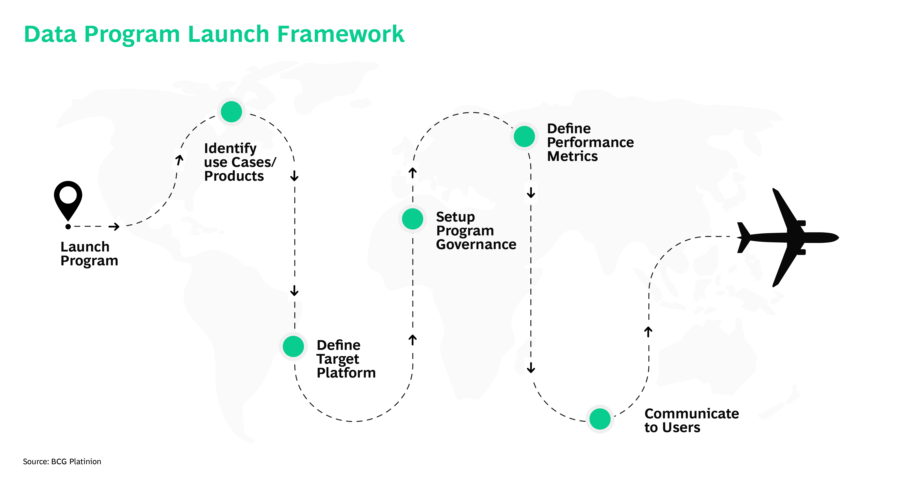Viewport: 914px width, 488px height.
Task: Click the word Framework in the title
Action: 340,34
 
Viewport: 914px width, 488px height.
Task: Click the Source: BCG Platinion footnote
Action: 62,461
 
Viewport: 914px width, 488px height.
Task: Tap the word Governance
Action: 476,245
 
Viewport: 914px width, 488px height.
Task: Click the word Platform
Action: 346,373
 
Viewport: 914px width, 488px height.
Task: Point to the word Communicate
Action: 692,414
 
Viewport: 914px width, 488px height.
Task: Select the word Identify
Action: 230,148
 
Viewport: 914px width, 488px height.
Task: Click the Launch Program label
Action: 89,254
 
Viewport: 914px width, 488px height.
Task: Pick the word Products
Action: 234,176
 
